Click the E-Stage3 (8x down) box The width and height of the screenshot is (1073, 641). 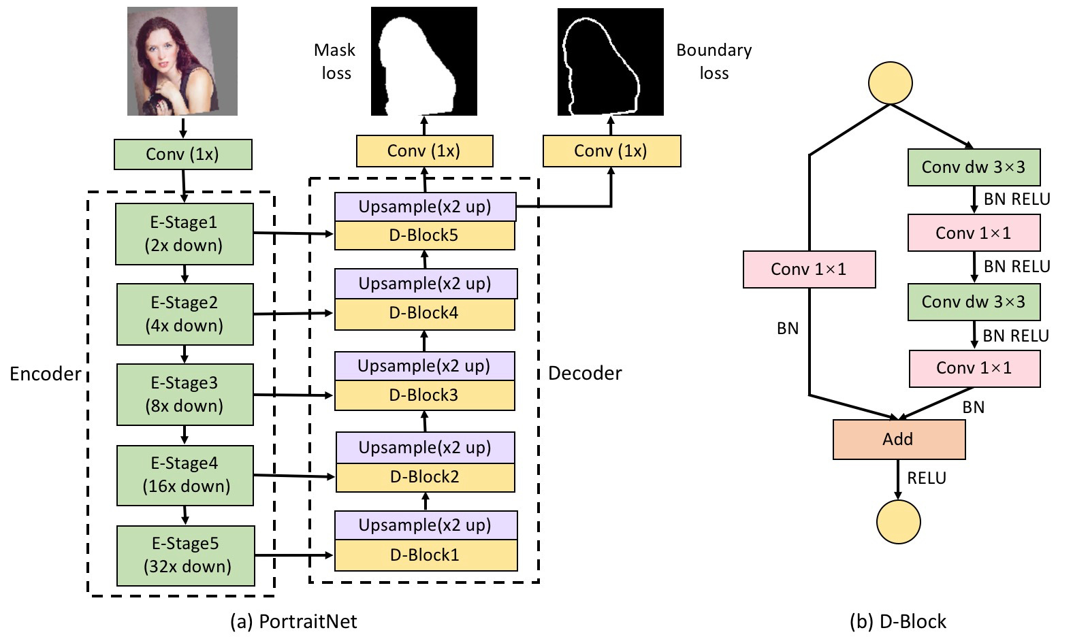(185, 394)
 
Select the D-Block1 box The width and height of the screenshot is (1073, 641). (426, 555)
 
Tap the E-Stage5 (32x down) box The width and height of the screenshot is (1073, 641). (186, 555)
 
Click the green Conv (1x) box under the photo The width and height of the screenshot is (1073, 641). (182, 154)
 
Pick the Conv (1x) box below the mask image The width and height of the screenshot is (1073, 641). (424, 151)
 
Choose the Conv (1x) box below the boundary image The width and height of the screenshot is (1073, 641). (611, 151)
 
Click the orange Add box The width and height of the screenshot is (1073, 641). (899, 440)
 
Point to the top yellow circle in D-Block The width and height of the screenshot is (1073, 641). (891, 83)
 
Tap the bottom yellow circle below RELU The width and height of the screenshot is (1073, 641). (899, 522)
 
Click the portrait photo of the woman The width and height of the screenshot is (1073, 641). (182, 61)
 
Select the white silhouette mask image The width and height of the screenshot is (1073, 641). (423, 61)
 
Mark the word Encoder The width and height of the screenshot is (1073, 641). (45, 374)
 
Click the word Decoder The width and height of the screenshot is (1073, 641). (585, 373)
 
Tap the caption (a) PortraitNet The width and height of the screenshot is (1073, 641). (293, 621)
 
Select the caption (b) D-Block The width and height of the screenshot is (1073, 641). (898, 621)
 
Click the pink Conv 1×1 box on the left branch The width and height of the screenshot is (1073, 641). (809, 269)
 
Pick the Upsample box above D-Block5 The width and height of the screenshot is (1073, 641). (425, 207)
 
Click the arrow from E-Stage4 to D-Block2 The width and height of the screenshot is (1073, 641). (294, 476)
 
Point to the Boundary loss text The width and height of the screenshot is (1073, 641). (714, 61)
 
